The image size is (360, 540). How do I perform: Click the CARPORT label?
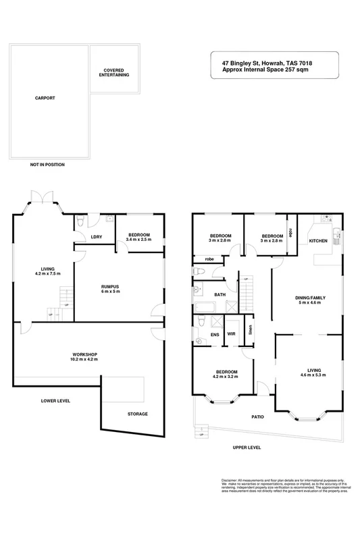(x=45, y=99)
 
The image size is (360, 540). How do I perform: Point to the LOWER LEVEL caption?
(x=55, y=400)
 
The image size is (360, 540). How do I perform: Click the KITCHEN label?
(x=318, y=241)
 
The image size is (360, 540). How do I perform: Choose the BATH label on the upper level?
(x=220, y=295)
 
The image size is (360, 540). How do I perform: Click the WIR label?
(x=231, y=333)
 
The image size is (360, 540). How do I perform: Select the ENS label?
(x=215, y=333)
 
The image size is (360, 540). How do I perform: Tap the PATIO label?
(x=258, y=416)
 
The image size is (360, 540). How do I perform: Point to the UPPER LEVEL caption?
(x=247, y=448)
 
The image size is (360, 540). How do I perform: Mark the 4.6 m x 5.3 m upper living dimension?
(x=311, y=376)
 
